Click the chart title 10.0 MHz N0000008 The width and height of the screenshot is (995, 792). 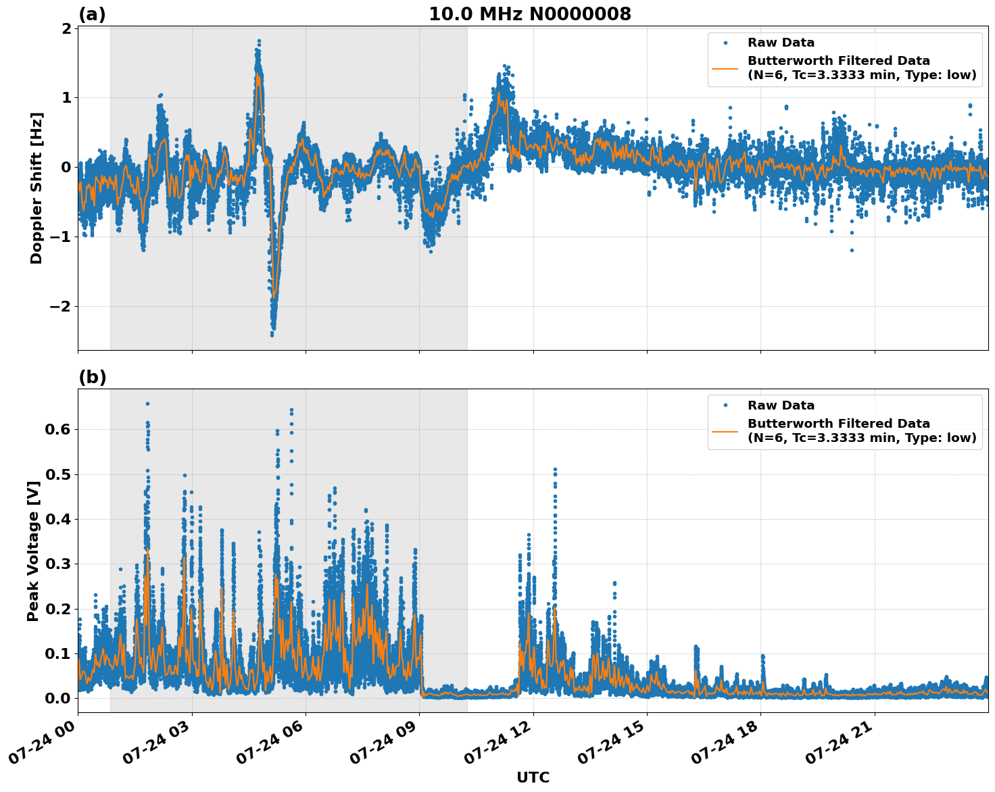tap(530, 14)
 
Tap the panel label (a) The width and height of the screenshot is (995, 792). tap(92, 14)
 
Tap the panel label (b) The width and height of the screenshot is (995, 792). tap(92, 377)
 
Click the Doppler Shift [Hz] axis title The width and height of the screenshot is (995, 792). tap(37, 188)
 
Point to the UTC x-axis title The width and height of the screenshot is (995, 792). tap(533, 777)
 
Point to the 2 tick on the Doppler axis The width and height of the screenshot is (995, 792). tap(66, 28)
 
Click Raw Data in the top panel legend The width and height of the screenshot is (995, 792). tap(781, 43)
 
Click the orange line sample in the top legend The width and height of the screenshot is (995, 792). tap(725, 68)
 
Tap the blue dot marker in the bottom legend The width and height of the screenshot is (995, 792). tap(725, 405)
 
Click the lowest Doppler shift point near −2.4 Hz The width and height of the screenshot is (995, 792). tap(272, 335)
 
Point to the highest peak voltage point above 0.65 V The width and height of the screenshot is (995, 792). tap(147, 403)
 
